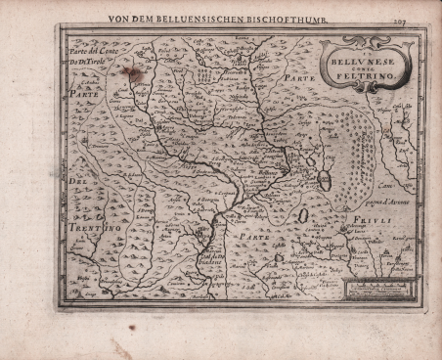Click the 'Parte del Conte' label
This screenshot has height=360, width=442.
(x=91, y=49)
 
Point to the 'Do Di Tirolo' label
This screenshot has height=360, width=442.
(x=88, y=61)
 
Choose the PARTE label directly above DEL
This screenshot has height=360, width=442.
(x=80, y=96)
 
